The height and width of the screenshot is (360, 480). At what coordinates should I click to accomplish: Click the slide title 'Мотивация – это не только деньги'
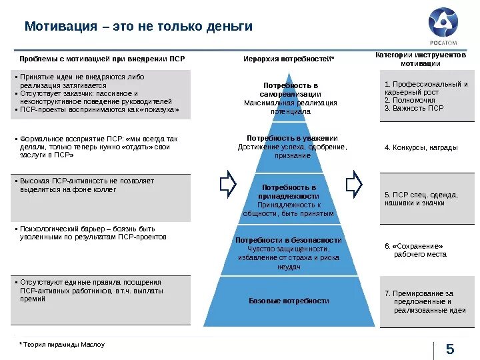139,27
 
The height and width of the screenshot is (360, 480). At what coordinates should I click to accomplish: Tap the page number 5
450,349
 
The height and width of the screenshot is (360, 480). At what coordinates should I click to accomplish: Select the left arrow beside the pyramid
228,183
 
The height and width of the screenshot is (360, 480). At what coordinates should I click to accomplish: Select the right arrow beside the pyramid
354,183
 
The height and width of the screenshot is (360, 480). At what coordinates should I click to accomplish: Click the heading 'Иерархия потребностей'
289,59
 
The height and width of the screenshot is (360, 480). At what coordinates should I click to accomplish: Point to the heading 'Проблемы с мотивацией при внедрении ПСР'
102,59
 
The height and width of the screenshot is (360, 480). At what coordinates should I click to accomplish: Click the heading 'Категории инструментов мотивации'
425,59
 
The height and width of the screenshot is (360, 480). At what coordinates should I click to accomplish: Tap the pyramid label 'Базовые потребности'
289,301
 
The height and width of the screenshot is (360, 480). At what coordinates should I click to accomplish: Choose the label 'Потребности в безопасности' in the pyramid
289,240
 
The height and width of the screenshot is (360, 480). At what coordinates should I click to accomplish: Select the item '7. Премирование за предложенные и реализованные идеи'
425,301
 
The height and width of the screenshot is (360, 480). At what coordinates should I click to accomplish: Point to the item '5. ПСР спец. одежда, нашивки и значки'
421,198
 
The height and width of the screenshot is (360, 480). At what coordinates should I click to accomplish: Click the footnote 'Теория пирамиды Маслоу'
63,345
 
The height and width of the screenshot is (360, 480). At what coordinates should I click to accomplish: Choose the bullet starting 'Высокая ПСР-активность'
87,185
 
